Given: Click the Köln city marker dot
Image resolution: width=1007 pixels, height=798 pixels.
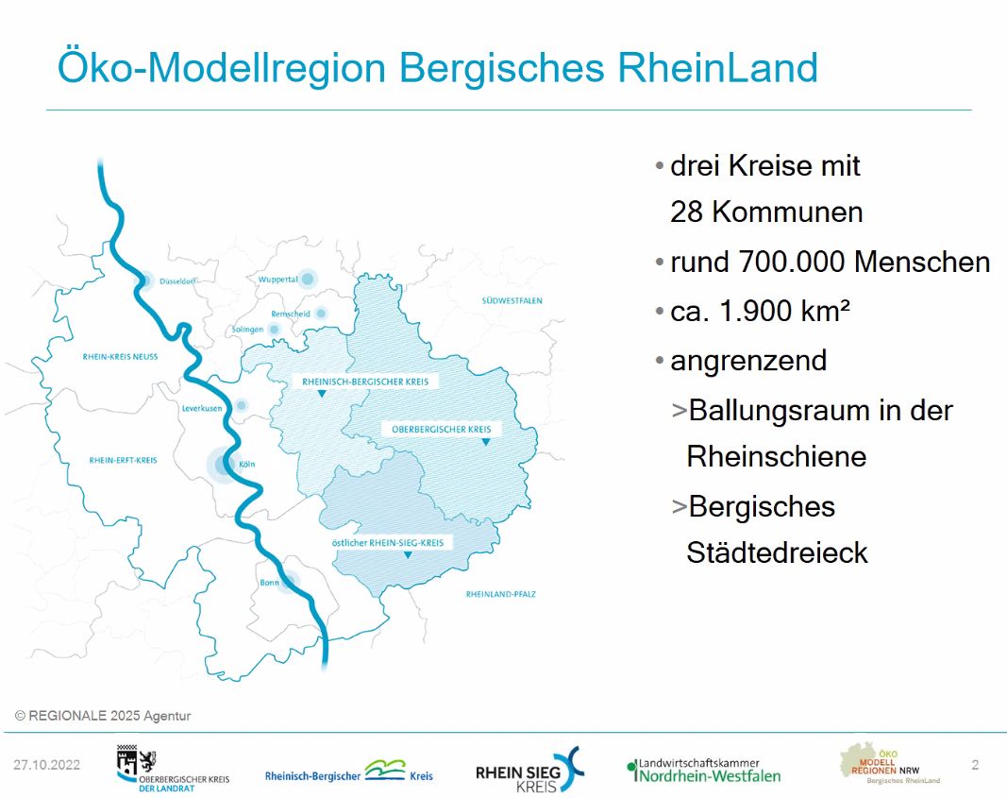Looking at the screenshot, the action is coord(223,464).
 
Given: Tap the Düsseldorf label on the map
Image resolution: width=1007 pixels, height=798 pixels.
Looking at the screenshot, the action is coord(177,281).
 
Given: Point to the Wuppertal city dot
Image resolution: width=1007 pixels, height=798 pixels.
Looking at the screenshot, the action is coord(308,279).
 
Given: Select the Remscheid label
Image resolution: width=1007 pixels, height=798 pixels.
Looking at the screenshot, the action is coord(291,314).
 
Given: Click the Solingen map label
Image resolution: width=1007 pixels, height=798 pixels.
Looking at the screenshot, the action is coord(247,330).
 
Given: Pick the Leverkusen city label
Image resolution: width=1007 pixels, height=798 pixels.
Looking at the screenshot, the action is coord(202,409).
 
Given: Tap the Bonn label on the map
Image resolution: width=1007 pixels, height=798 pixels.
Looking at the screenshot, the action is coord(269,583).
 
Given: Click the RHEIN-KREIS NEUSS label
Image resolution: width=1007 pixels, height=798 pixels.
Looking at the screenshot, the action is coord(120,357).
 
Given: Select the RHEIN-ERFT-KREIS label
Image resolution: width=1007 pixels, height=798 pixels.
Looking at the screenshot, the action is coord(123,460).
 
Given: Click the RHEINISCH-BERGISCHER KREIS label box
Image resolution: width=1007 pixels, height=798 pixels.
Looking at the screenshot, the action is coord(365,382).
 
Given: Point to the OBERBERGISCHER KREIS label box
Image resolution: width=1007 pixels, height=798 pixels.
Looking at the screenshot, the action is coord(441,429).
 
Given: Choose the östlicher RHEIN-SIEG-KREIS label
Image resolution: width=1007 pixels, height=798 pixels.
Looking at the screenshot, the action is coord(387,543).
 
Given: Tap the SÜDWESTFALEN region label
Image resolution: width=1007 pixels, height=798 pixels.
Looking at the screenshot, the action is coord(512,300).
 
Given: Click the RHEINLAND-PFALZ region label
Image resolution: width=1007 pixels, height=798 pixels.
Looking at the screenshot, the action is coord(500,594).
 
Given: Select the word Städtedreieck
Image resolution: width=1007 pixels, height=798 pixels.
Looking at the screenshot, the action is coord(777,552).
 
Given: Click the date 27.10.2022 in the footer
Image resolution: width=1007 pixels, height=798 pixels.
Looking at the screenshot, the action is coord(47,765).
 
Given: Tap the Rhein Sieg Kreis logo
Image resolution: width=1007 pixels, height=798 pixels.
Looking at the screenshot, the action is coord(529,770).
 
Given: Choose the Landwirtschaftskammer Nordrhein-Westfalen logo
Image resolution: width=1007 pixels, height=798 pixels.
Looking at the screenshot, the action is coord(704,771).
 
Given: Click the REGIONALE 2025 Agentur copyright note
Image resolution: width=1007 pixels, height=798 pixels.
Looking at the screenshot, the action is coord(103,716).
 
